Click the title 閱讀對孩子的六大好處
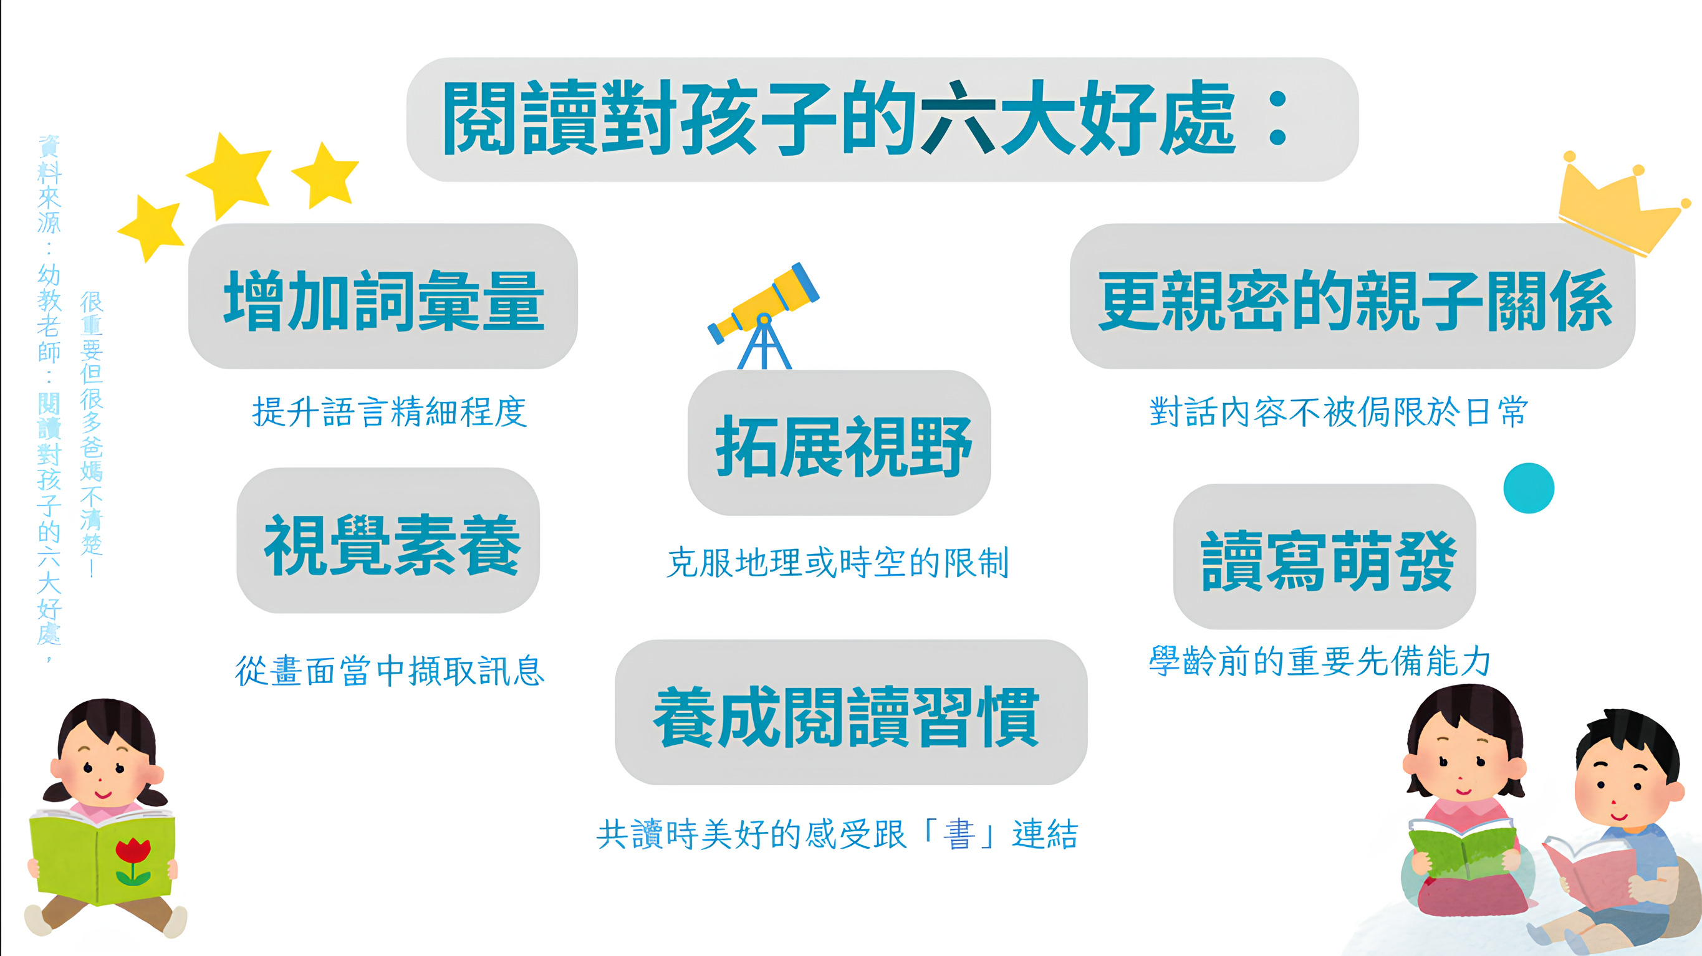point(839,119)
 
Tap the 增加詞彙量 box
point(383,297)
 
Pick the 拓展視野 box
point(839,444)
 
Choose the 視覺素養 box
point(388,542)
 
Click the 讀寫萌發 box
point(1325,558)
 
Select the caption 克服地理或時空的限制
point(838,563)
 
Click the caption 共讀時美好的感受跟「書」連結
point(838,834)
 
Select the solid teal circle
point(1528,488)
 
